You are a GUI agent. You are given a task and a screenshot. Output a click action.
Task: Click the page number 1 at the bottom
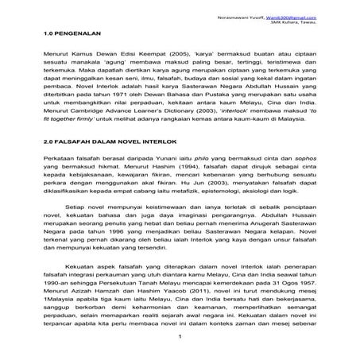click(181, 339)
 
